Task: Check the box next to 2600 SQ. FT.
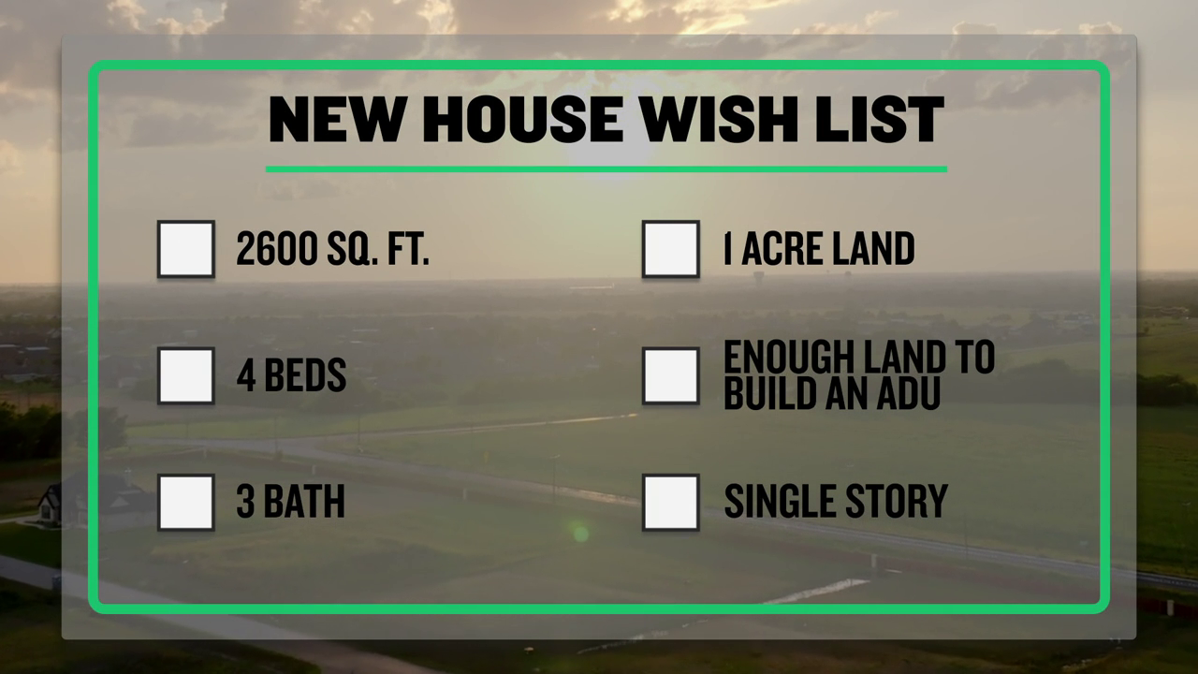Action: coord(186,249)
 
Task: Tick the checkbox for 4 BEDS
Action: coord(186,375)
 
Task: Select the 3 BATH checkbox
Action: coord(186,503)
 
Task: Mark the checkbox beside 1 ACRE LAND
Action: coord(671,249)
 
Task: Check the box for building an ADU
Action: coord(671,375)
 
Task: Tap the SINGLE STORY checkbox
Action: coord(671,503)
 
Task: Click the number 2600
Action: coord(277,248)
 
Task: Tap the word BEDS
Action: coord(305,375)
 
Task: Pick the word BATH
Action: coord(304,501)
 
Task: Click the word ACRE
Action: coord(782,248)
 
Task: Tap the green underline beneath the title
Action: coord(606,169)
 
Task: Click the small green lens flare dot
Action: coord(581,534)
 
